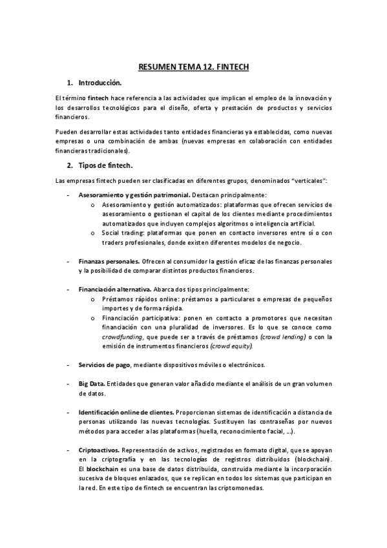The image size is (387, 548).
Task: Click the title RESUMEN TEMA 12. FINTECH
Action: point(193,67)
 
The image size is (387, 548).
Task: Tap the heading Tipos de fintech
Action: point(105,165)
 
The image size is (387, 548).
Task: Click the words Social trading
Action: point(123,233)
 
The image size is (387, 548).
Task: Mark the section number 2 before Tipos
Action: point(69,165)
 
